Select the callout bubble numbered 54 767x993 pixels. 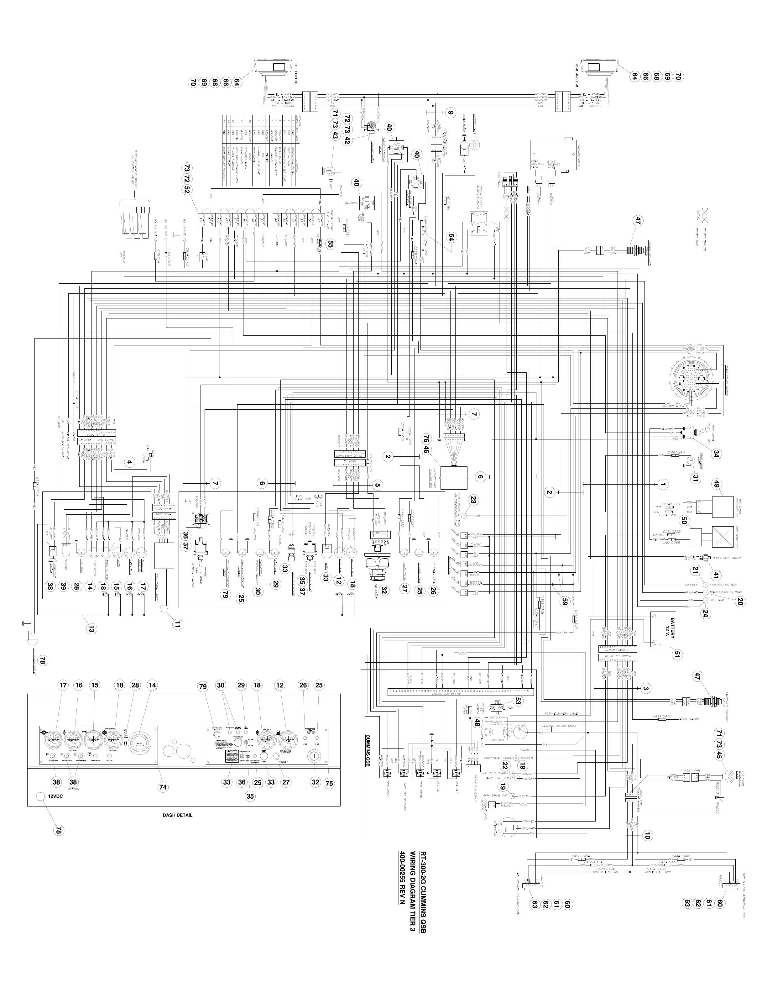[452, 237]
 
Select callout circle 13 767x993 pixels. [92, 630]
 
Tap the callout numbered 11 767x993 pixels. [177, 624]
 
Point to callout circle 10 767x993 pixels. [647, 835]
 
